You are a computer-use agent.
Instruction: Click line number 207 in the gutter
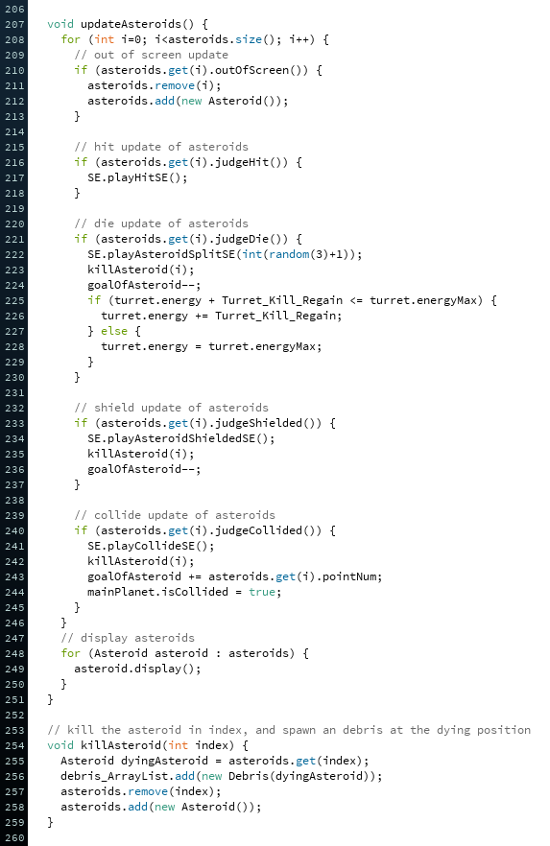tap(14, 24)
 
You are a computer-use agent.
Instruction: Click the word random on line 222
tap(289, 254)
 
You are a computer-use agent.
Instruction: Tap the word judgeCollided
tap(258, 530)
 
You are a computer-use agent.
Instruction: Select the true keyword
tap(262, 592)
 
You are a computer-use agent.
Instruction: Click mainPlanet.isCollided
tap(157, 592)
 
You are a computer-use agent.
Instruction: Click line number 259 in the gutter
tap(14, 822)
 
